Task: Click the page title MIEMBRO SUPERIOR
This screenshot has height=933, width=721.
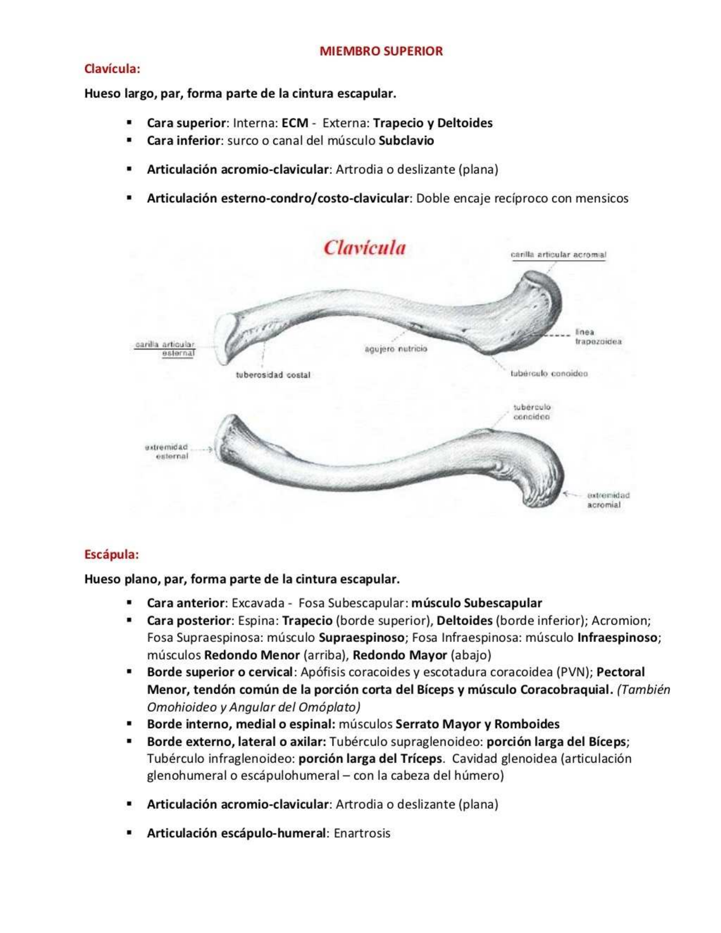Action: [381, 51]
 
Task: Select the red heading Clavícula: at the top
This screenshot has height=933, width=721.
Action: [112, 69]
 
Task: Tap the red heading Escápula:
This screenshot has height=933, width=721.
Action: [112, 554]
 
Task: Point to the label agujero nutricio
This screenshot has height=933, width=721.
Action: [396, 349]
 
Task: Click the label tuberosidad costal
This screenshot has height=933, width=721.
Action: [273, 375]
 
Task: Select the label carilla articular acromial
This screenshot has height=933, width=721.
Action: [558, 255]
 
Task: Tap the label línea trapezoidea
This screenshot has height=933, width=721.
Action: [597, 337]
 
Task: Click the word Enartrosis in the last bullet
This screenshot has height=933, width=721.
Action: [362, 833]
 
